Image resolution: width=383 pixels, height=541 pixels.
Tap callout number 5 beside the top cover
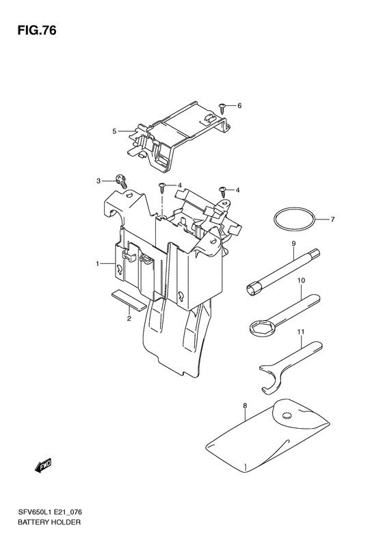116,130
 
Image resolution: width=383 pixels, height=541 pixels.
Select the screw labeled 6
224,106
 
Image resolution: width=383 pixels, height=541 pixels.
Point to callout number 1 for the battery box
98,263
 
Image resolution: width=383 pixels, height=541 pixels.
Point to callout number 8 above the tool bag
244,406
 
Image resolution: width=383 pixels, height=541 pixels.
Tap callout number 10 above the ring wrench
300,280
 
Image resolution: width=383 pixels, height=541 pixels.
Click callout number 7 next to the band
332,220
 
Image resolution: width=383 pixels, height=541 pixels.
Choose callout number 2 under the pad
128,318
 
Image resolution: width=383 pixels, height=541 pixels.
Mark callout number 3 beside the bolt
98,181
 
